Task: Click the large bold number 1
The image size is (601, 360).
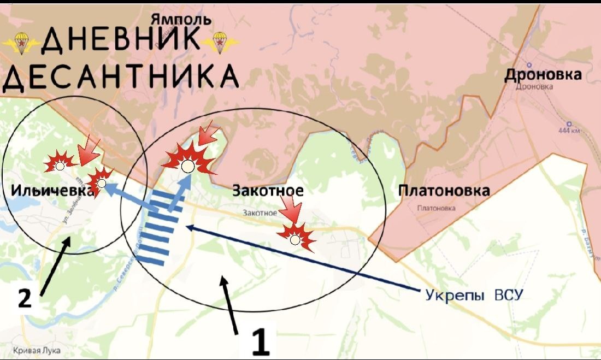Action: click(260, 342)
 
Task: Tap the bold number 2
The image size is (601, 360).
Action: click(25, 299)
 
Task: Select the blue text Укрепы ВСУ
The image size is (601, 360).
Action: click(474, 295)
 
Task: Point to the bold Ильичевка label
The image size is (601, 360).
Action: click(51, 191)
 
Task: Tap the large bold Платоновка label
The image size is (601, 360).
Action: click(444, 191)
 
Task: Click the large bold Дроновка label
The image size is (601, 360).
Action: click(542, 74)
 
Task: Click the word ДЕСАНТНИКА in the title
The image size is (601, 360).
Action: click(120, 78)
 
